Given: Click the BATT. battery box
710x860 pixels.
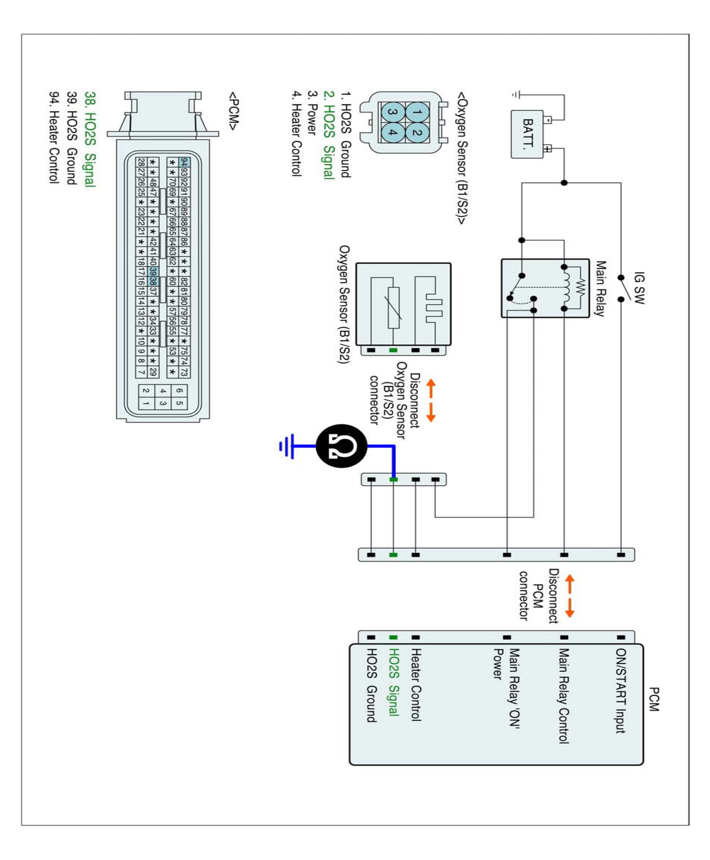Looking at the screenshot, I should click(527, 134).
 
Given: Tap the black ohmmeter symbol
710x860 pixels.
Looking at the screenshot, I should click(342, 446).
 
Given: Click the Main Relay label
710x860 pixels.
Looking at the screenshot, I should click(600, 289).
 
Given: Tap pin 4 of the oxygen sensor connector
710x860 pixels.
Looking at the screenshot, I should click(393, 133).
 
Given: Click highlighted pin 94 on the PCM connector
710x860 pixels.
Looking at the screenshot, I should click(184, 162).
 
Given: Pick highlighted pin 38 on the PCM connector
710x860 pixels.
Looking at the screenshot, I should click(153, 281).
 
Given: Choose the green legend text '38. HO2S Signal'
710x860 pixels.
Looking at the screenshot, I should click(90, 139).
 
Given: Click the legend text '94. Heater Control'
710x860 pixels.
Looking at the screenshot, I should click(54, 137).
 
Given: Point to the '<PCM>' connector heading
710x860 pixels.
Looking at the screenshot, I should click(233, 111).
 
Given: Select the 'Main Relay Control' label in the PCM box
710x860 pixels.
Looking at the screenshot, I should click(564, 696).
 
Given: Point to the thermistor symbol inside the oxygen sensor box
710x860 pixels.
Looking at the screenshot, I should click(394, 307).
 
